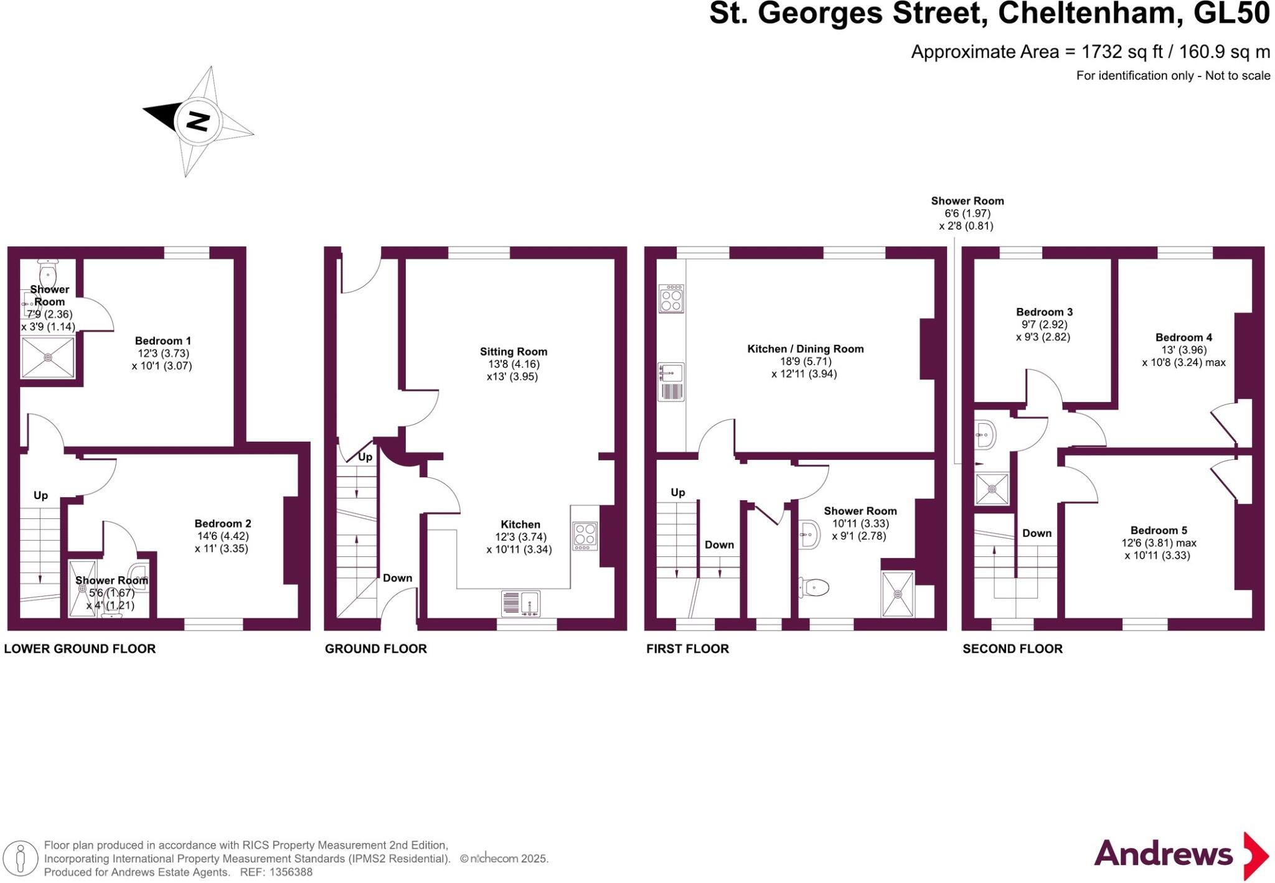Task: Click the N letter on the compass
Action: (x=198, y=121)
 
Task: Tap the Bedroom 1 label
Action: (x=162, y=340)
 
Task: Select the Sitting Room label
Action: (x=513, y=352)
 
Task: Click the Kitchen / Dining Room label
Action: (x=805, y=349)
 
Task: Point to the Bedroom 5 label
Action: (x=1158, y=530)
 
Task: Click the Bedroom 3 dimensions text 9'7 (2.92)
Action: (x=1043, y=324)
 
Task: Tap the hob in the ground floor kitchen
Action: (x=585, y=536)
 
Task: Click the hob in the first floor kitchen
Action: (x=671, y=299)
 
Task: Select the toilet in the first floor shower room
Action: (x=815, y=587)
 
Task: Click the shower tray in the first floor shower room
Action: (x=898, y=594)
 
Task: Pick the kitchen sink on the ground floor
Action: (x=521, y=604)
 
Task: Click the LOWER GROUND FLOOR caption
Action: (x=80, y=648)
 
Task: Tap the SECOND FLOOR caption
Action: (x=1012, y=648)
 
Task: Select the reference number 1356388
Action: (x=291, y=872)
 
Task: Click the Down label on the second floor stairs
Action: (x=1037, y=533)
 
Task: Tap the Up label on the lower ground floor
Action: (x=40, y=495)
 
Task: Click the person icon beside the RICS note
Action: (x=21, y=858)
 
